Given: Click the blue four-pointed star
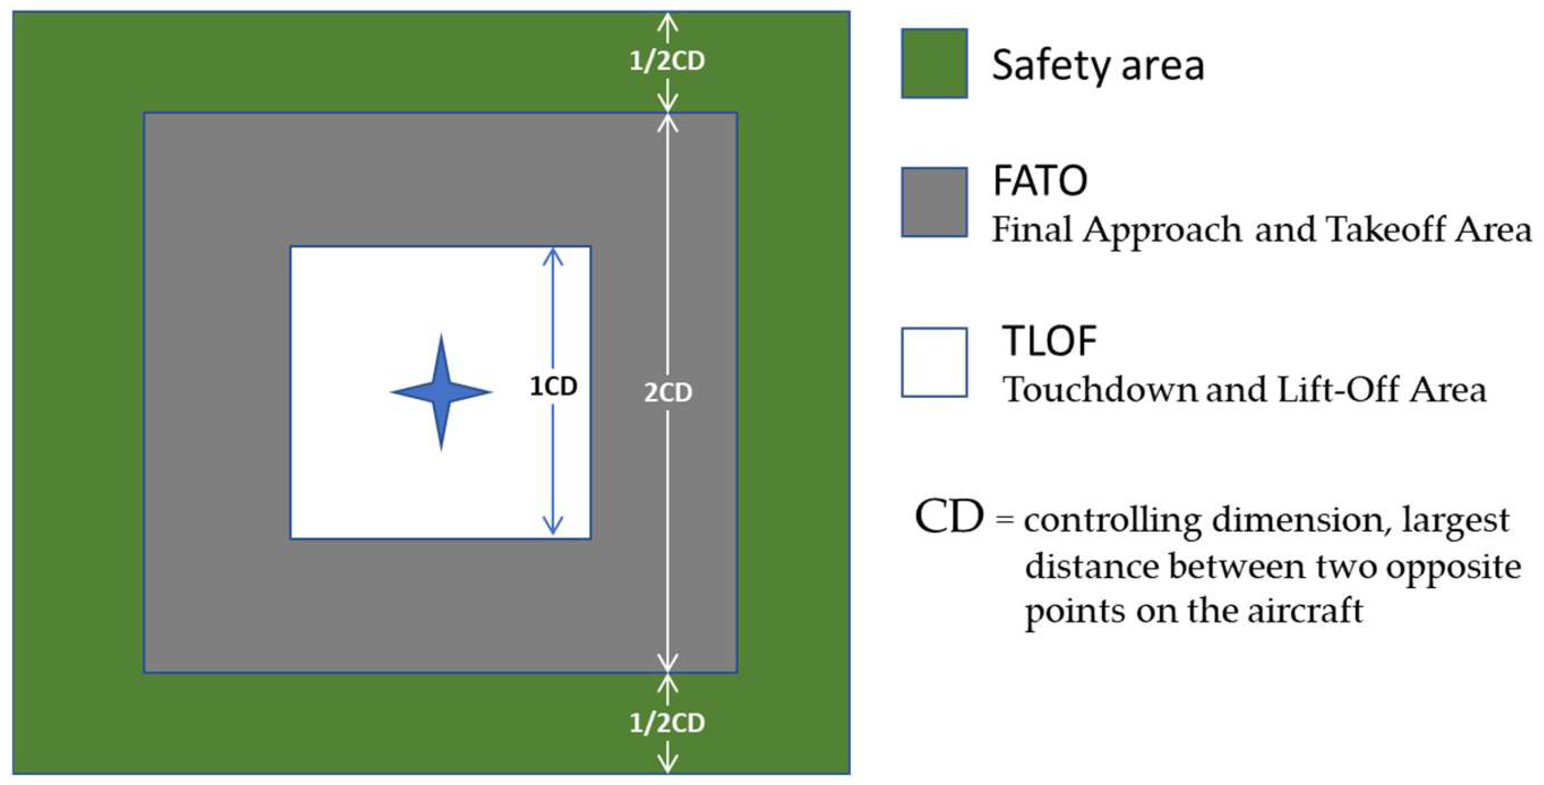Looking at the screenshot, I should click(441, 392).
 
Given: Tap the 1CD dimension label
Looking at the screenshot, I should click(553, 386).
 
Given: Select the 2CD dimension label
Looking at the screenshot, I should click(668, 392).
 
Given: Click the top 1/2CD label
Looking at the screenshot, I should click(667, 61).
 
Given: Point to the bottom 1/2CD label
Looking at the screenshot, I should click(667, 723).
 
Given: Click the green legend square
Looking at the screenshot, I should click(934, 63).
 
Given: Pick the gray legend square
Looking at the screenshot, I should click(934, 202).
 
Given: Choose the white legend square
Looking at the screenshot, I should click(934, 362).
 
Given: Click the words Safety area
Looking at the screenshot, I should click(1097, 65).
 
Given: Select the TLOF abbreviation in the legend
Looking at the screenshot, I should click(1049, 341).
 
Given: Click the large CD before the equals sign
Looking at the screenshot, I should click(948, 517).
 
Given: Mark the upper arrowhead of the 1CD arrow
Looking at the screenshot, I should click(553, 256).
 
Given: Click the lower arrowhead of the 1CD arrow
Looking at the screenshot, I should click(553, 526).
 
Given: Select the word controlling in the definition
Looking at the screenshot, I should click(1112, 520).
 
